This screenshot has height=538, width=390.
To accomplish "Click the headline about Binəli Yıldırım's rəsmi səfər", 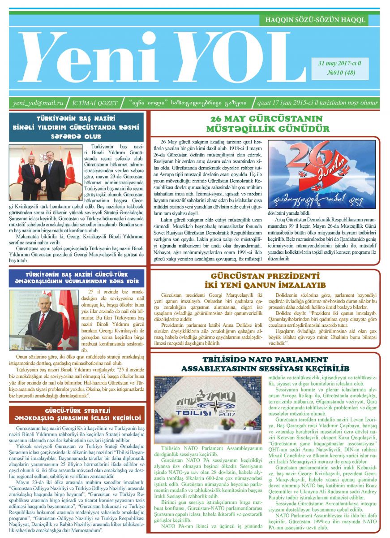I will [77, 127].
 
